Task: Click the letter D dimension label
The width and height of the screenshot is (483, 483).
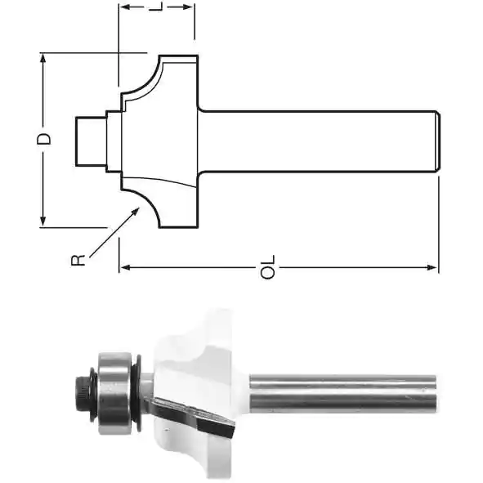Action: pyautogui.click(x=44, y=139)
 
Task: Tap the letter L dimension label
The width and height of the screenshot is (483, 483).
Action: pyautogui.click(x=156, y=7)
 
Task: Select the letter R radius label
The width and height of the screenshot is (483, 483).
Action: pyautogui.click(x=78, y=260)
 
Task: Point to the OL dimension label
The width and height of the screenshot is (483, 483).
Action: pyautogui.click(x=268, y=266)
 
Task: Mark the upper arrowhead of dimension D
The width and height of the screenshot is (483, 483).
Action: pyautogui.click(x=43, y=59)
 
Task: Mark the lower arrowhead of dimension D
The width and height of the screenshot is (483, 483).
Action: pyautogui.click(x=43, y=221)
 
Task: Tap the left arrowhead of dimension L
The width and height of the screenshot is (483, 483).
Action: pyautogui.click(x=125, y=7)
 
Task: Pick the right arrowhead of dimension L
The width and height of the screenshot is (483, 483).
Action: pyautogui.click(x=188, y=7)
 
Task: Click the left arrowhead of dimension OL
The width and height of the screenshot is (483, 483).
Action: pyautogui.click(x=125, y=267)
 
